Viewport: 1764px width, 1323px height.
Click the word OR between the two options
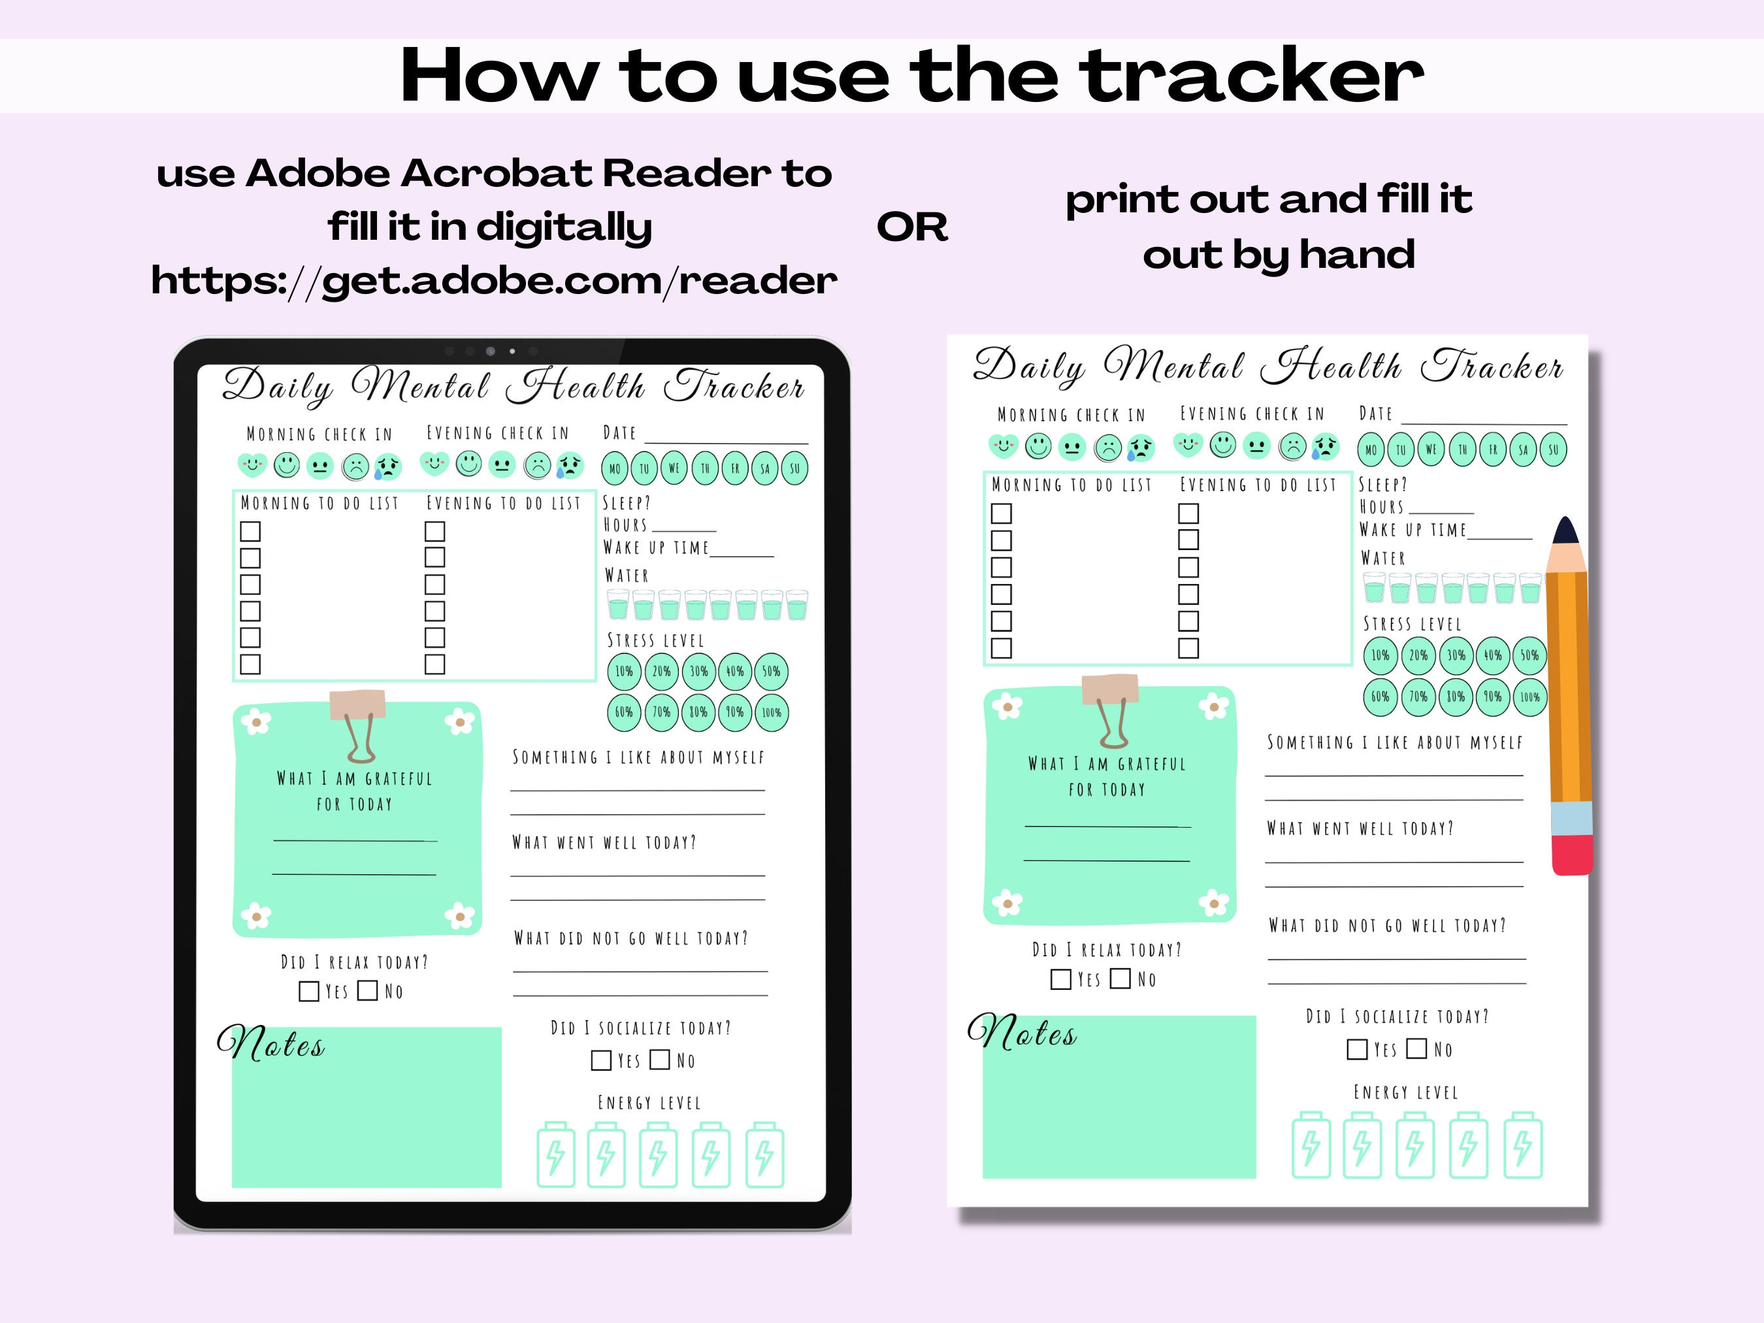[912, 227]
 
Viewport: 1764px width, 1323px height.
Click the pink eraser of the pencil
[1572, 855]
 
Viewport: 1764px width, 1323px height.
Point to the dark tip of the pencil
[1566, 531]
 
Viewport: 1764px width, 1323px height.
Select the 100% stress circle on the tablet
[771, 712]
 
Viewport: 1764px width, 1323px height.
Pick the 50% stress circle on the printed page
[1529, 655]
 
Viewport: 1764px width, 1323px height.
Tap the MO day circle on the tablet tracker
[615, 469]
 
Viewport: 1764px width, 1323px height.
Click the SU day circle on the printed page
[1553, 449]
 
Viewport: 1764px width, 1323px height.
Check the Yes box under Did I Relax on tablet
[308, 991]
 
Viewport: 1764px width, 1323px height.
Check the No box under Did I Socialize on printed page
[1416, 1048]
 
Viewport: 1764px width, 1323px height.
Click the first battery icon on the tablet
[555, 1154]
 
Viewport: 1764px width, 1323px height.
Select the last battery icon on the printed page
[1522, 1145]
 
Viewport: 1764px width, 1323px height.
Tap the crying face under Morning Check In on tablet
[387, 466]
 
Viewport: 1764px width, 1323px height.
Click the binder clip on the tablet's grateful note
[359, 724]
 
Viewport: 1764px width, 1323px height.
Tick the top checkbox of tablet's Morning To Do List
[250, 531]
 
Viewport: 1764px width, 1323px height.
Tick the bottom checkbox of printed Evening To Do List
[1188, 647]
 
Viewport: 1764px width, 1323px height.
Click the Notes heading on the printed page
[1022, 1034]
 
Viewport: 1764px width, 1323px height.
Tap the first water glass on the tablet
[618, 605]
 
